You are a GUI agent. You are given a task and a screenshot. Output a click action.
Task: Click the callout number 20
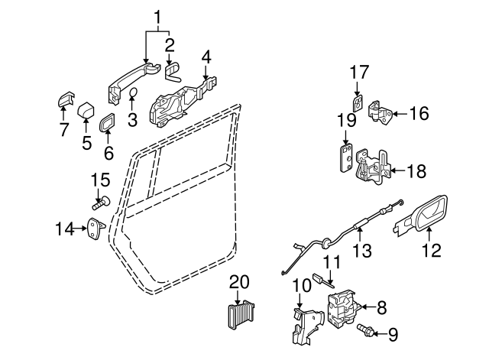click(239, 282)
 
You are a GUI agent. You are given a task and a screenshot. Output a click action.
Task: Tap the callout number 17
click(359, 72)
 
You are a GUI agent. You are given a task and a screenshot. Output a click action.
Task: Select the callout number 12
click(432, 250)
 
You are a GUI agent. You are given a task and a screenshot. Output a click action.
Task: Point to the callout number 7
click(64, 129)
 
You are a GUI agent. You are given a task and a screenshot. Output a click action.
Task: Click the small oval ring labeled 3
click(133, 93)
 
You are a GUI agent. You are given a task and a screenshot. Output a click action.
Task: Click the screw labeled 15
click(102, 203)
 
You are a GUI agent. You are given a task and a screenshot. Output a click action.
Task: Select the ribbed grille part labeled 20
click(241, 314)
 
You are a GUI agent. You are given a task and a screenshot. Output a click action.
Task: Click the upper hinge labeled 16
click(381, 112)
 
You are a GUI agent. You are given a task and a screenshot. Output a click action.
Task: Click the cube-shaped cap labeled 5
click(86, 111)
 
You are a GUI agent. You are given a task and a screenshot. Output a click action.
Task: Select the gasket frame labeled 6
click(106, 122)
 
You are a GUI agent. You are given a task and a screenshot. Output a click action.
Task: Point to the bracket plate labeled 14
click(96, 228)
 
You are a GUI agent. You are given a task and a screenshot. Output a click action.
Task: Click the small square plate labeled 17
click(358, 102)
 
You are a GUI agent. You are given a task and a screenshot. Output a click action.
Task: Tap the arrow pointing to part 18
click(398, 170)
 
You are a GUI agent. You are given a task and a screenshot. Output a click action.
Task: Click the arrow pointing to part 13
click(360, 234)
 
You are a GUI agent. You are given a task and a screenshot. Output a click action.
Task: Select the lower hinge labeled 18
click(374, 167)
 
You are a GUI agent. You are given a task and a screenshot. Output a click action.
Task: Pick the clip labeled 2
click(173, 73)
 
